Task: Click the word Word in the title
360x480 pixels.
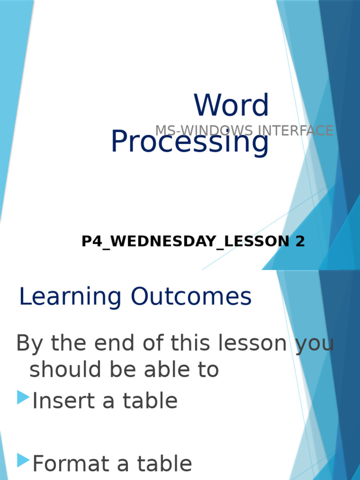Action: (232, 105)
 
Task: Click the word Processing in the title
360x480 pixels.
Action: (190, 142)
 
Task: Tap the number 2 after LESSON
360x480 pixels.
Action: (300, 241)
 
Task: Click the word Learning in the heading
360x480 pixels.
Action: (70, 297)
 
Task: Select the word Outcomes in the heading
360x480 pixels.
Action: (191, 297)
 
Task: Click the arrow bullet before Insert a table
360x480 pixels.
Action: (23, 397)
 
